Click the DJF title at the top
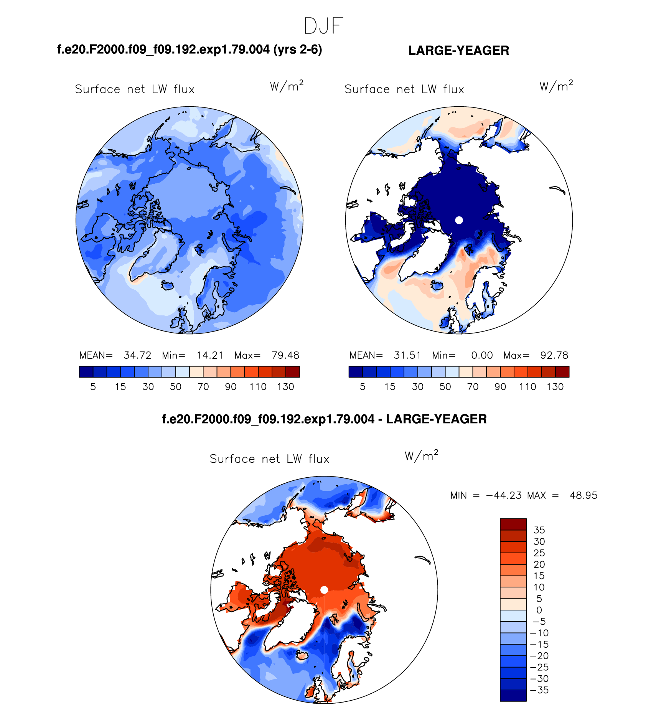point(323,26)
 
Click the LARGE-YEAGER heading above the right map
point(458,51)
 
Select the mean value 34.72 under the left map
point(137,355)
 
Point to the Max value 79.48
point(285,355)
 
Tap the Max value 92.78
point(554,355)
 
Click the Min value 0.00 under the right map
point(482,355)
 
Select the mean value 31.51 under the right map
point(407,355)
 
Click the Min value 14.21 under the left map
point(210,355)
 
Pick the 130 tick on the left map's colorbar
point(285,387)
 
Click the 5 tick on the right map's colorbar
point(363,387)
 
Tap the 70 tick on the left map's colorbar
point(203,387)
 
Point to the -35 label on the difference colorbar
point(539,690)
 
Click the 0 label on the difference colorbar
point(539,610)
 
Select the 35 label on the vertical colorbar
point(539,530)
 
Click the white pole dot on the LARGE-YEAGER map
point(459,220)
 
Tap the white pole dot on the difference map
point(324,590)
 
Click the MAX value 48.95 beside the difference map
point(583,495)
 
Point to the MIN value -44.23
point(504,495)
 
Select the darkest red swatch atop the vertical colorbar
point(513,524)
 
